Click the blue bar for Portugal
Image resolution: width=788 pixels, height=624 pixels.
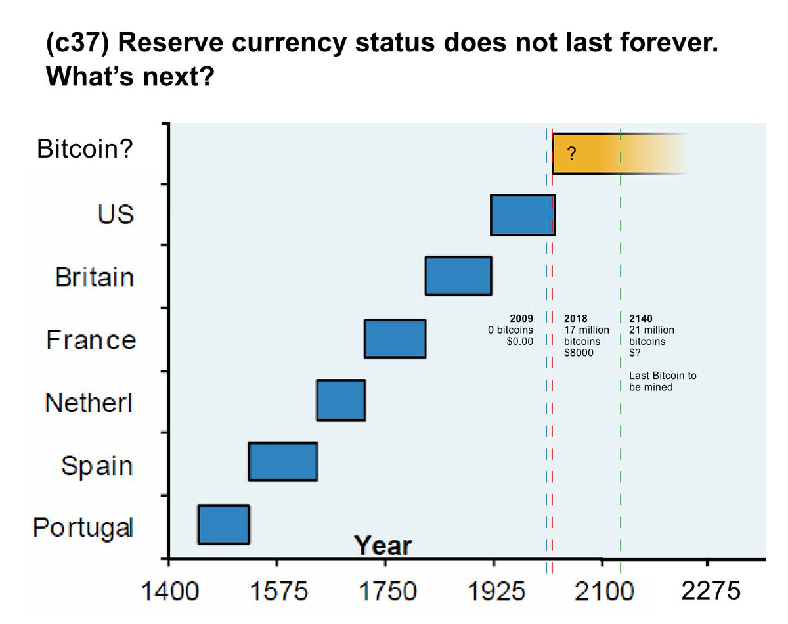(x=223, y=524)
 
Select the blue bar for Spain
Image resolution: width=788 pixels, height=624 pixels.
(x=282, y=462)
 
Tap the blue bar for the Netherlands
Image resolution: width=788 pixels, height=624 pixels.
(x=340, y=400)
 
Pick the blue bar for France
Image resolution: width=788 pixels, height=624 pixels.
(x=395, y=338)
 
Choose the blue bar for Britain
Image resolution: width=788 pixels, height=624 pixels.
(x=458, y=276)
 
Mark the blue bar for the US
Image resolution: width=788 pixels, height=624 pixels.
(x=522, y=215)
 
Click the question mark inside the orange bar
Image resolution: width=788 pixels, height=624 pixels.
(x=572, y=154)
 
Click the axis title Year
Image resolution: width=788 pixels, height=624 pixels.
(x=383, y=546)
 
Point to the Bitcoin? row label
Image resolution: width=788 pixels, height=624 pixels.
(x=85, y=150)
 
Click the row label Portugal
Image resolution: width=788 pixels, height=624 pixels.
(x=83, y=527)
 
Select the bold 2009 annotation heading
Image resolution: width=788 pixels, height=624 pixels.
(x=531, y=319)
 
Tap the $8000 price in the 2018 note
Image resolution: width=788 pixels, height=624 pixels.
(x=579, y=353)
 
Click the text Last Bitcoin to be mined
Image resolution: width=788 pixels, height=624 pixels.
(x=662, y=381)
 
